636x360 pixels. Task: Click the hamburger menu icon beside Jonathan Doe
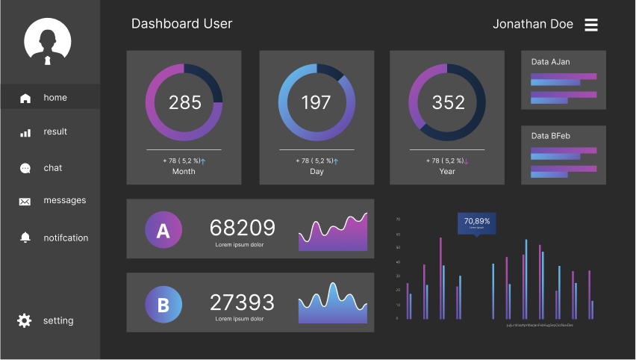tap(590, 25)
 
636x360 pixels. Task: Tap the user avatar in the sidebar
tap(47, 42)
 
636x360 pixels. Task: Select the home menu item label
tap(55, 98)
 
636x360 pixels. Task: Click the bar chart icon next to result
tap(25, 132)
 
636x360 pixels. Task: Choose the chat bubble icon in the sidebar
tap(25, 169)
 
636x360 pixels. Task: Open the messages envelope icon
tap(25, 201)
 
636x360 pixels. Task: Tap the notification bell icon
tap(25, 238)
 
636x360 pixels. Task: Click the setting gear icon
tap(25, 320)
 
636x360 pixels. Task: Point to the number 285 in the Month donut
tap(184, 102)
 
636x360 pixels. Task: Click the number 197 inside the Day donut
tap(316, 102)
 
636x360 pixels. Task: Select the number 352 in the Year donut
tap(448, 102)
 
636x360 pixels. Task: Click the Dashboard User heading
tap(181, 24)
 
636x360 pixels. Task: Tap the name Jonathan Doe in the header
tap(532, 24)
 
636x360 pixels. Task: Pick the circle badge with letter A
tap(163, 232)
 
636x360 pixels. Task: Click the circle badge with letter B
tap(163, 305)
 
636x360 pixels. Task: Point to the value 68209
tap(242, 228)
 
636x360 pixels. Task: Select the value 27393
tap(242, 302)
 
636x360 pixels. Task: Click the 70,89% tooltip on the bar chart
tap(477, 223)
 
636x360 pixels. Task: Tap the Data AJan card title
tap(550, 62)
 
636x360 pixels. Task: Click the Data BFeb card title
tap(551, 136)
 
